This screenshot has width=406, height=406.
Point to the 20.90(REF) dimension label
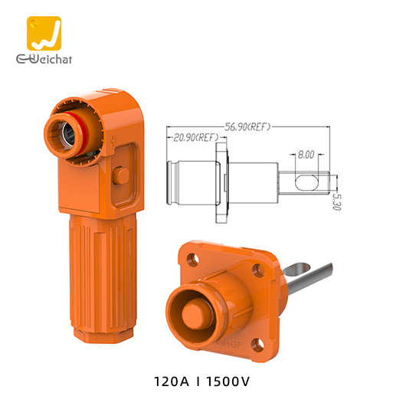[x=196, y=138]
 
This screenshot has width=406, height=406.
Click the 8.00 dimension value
[x=306, y=154]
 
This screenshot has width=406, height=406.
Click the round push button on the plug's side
[x=120, y=175]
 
